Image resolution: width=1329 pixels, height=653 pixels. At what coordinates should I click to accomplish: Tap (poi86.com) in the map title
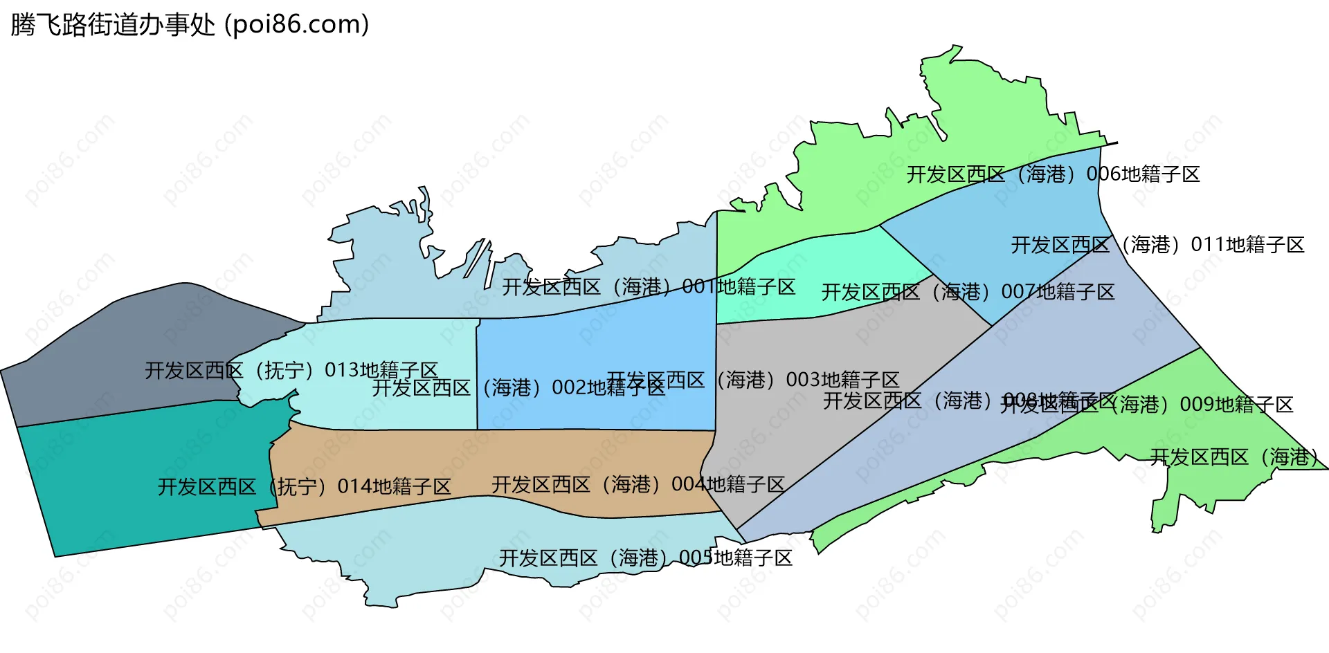click(x=296, y=25)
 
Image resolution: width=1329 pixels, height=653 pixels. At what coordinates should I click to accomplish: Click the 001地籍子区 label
click(x=649, y=286)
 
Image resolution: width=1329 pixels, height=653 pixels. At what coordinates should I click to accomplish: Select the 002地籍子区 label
click(x=518, y=387)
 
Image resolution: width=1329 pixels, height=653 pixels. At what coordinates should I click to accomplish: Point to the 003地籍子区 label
click(x=753, y=380)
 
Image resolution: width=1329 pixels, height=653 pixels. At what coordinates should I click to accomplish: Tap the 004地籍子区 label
click(x=638, y=484)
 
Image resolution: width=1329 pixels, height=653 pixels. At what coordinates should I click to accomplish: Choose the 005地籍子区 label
click(x=646, y=558)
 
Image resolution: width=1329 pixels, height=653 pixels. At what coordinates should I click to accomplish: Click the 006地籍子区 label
click(x=1053, y=174)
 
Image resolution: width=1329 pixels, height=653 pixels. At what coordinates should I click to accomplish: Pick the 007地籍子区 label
click(x=968, y=292)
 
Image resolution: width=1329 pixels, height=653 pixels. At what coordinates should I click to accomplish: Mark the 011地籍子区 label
click(x=1157, y=245)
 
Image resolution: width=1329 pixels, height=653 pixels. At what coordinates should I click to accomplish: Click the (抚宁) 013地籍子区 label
click(x=291, y=370)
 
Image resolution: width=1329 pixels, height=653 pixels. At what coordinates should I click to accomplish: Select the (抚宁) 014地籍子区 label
click(x=304, y=487)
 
